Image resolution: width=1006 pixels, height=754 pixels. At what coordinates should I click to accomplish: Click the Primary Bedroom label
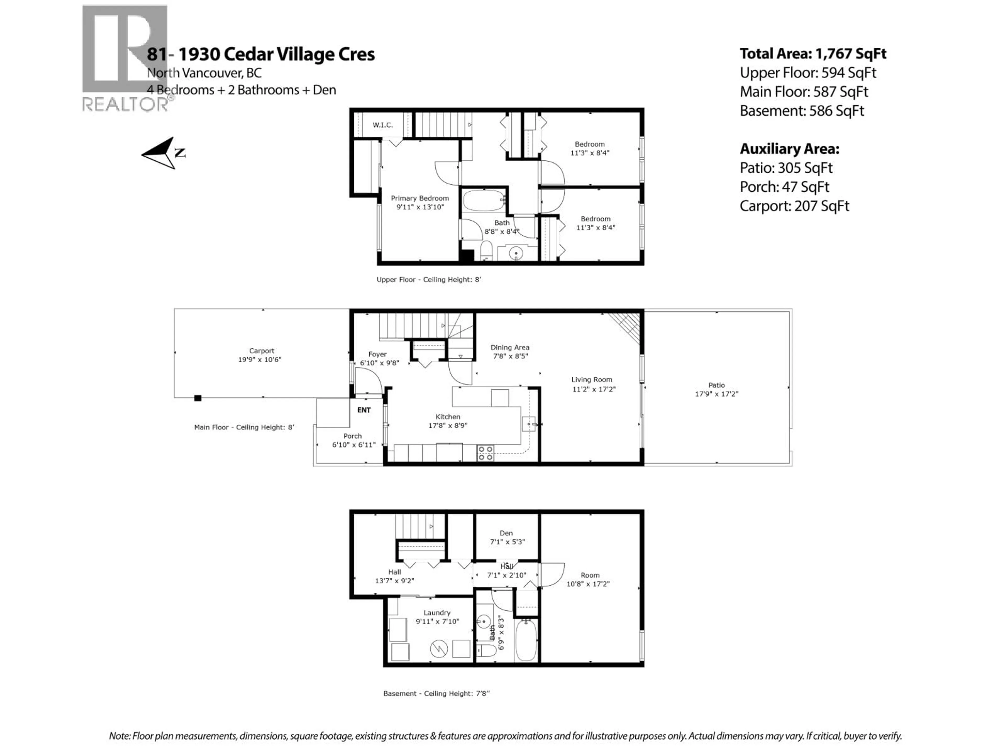point(419,198)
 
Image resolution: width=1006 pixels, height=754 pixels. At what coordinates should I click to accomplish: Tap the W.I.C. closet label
point(382,125)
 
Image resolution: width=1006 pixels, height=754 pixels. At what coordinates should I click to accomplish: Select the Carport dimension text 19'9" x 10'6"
point(260,359)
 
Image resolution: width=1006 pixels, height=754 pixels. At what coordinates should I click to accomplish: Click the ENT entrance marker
point(364,410)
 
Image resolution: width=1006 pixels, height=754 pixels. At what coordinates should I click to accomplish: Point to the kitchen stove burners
point(485,453)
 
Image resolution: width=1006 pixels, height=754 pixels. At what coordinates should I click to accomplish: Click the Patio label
point(716,385)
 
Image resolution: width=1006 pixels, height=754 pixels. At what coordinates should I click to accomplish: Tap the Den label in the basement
point(506,533)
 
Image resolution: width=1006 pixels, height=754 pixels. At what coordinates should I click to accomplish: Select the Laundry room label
point(437,613)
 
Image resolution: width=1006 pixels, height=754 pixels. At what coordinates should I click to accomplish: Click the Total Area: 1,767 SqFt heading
point(813,54)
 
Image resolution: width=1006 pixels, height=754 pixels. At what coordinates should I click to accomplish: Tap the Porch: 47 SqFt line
point(784,187)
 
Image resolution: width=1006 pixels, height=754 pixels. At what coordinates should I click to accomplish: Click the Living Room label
point(592,380)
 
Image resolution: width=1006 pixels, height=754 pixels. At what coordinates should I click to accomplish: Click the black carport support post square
point(198,398)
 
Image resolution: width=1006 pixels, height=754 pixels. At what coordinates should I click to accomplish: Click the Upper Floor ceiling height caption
point(428,280)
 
